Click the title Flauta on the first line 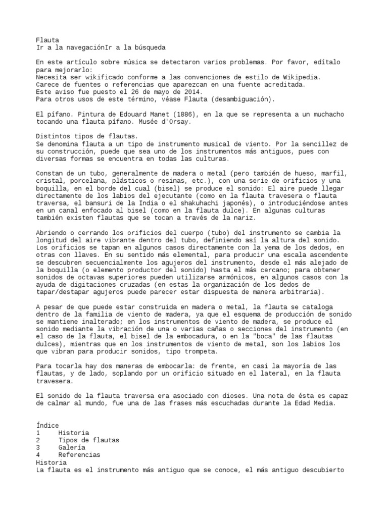tap(47, 40)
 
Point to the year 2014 tap(192, 92)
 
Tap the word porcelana tap(87, 181)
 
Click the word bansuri tap(98, 202)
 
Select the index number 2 tap(38, 440)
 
